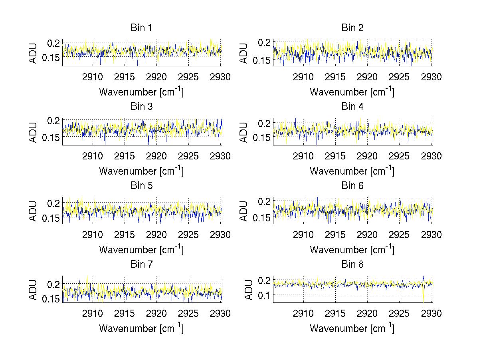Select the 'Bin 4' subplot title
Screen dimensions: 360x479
352,107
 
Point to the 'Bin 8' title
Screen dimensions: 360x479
352,265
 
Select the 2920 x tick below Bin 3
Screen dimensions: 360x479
157,156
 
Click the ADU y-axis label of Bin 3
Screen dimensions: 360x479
33,132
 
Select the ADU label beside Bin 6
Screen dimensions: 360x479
244,211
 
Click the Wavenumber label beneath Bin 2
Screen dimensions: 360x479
352,92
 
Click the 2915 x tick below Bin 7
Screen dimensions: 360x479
125,314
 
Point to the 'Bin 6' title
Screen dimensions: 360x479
352,186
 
